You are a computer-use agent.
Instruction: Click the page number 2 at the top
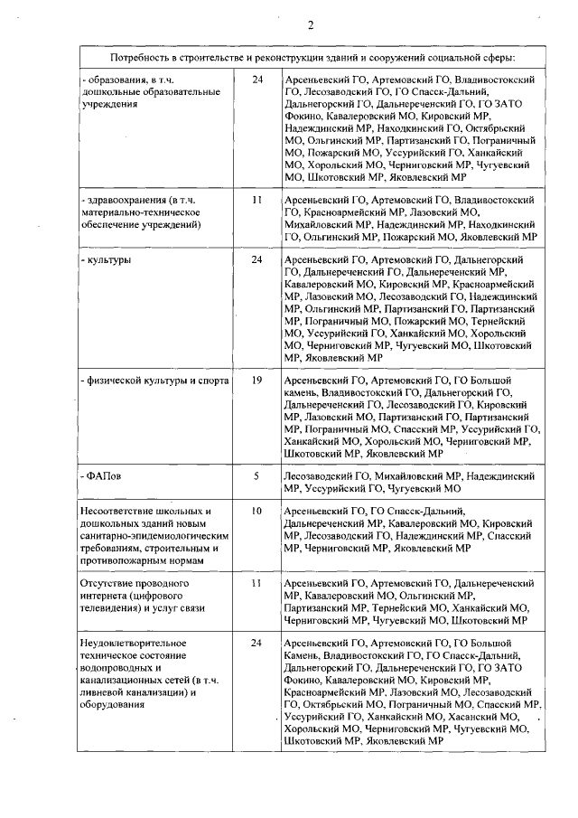coord(310,24)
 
